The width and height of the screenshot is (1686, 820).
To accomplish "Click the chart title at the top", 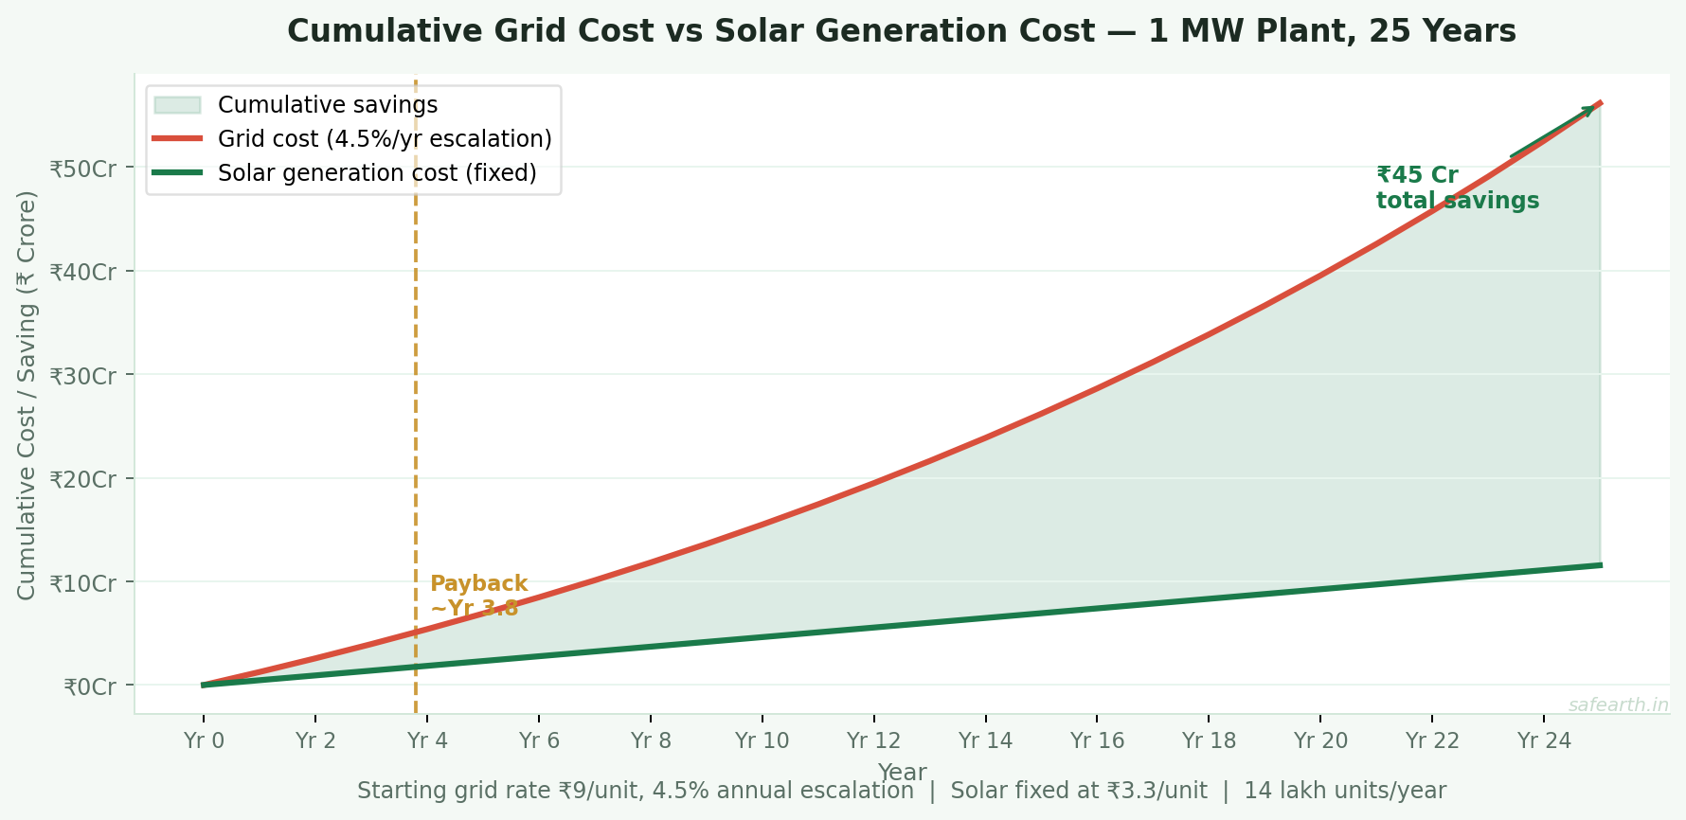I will pyautogui.click(x=901, y=31).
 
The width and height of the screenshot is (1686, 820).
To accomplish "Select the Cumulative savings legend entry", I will pyautogui.click(x=327, y=104).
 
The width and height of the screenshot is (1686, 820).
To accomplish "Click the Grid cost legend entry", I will pyautogui.click(x=384, y=139).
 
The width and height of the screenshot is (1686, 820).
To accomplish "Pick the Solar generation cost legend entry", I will pyautogui.click(x=376, y=173).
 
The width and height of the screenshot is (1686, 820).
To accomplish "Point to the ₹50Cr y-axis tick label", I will pyautogui.click(x=82, y=169).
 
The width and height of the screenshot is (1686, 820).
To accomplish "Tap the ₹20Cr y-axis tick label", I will pyautogui.click(x=82, y=479).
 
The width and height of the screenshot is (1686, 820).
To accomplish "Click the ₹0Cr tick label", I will pyautogui.click(x=89, y=686).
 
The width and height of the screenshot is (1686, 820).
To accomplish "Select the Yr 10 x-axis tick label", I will pyautogui.click(x=762, y=740).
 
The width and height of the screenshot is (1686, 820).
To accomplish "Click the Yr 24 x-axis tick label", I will pyautogui.click(x=1544, y=740).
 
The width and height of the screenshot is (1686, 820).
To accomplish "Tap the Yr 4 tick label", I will pyautogui.click(x=427, y=740).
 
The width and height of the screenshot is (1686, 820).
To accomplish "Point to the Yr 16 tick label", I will pyautogui.click(x=1097, y=740).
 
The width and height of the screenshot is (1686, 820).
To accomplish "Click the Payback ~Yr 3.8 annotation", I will pyautogui.click(x=478, y=596).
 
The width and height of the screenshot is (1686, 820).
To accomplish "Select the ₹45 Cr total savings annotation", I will pyautogui.click(x=1456, y=187).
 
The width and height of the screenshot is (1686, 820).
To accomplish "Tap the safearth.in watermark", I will pyautogui.click(x=1618, y=704).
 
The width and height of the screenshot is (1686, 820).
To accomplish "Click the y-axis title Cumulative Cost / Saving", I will pyautogui.click(x=27, y=395).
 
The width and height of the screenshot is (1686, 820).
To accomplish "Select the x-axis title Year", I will pyautogui.click(x=901, y=771).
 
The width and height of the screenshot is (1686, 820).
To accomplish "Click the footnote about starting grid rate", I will pyautogui.click(x=901, y=791).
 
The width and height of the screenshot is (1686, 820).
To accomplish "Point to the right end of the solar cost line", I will pyautogui.click(x=1599, y=565).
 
